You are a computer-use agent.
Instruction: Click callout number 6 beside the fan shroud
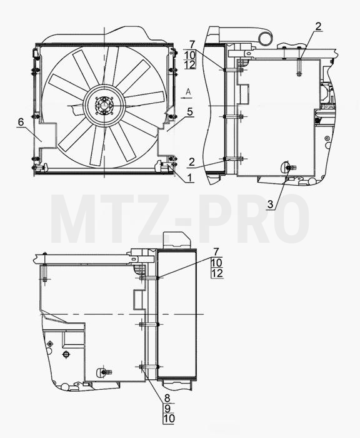point(21,122)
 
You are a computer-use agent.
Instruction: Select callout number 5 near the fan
point(190,112)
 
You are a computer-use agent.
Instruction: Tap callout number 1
point(189,178)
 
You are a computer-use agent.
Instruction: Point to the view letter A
point(188,91)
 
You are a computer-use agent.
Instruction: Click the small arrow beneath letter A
point(185,98)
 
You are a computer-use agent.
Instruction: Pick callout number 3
point(271,204)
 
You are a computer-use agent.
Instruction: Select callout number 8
point(167,397)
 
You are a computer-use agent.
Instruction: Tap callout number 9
point(167,408)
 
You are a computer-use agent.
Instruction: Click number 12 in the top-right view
point(190,65)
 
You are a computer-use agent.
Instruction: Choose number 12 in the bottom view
point(217,273)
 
